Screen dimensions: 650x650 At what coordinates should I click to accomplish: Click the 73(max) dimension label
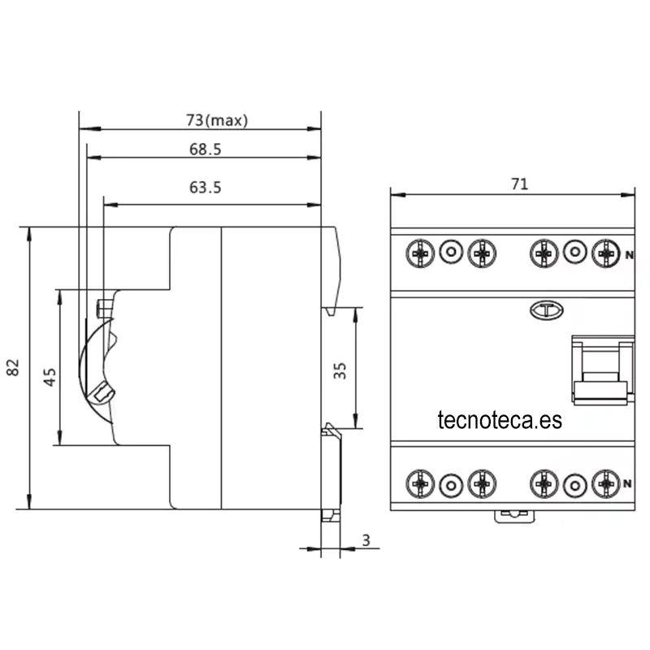click(x=217, y=120)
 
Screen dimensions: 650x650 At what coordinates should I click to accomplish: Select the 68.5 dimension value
click(x=206, y=149)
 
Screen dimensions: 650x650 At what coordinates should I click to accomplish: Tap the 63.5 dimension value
click(x=206, y=188)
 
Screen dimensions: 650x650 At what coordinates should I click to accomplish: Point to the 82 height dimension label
click(x=13, y=367)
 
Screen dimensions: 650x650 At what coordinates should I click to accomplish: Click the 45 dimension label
click(x=50, y=377)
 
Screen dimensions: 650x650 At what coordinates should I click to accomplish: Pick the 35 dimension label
click(x=340, y=370)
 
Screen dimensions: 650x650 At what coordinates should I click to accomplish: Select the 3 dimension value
click(x=366, y=540)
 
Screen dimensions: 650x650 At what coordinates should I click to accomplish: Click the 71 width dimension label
click(x=519, y=184)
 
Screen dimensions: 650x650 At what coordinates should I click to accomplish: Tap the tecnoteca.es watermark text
click(x=500, y=420)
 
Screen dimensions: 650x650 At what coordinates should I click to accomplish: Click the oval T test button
click(x=546, y=310)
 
